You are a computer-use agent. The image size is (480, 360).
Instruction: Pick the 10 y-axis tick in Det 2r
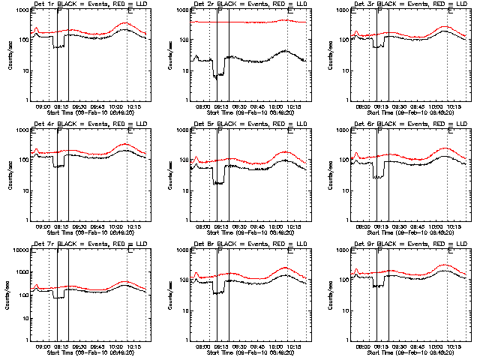pos(183,70)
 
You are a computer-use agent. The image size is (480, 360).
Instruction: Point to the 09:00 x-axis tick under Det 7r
pos(42,346)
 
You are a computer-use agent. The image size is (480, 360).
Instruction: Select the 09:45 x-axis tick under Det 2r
pos(258,106)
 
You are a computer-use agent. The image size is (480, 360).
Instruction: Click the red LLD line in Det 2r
pos(247,22)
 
